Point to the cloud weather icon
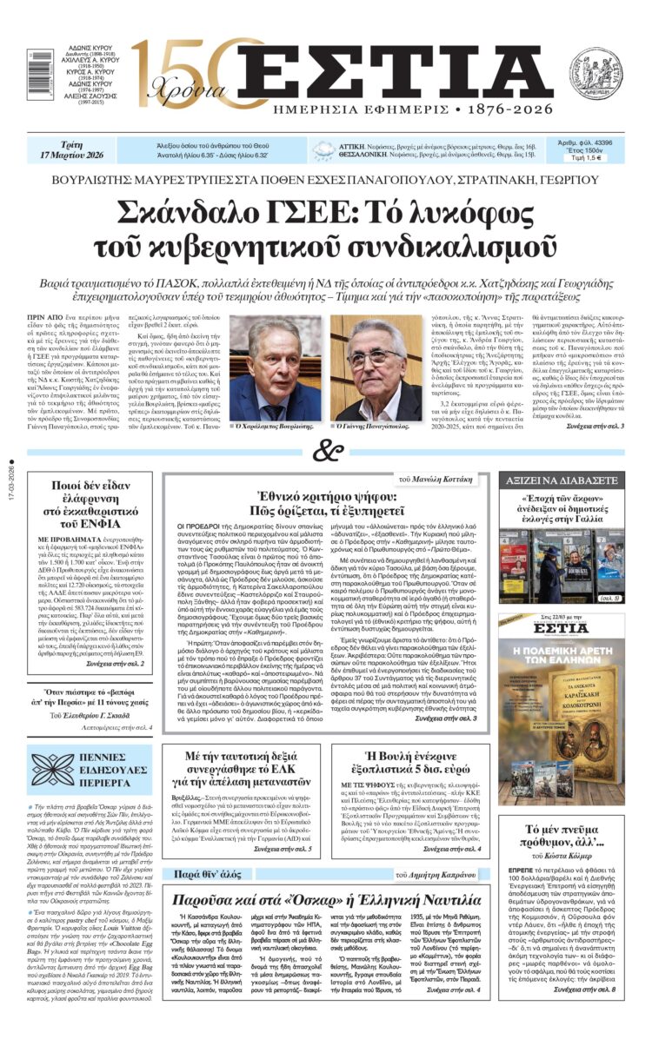[323, 149]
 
